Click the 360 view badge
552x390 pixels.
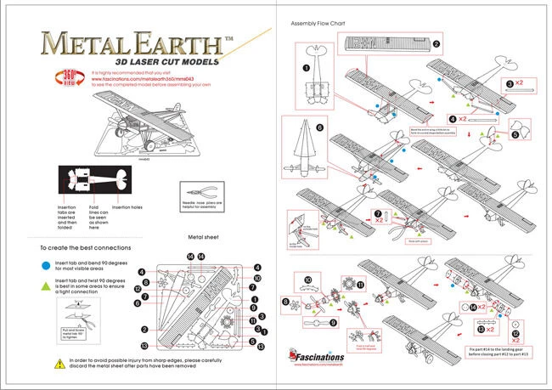(x=68, y=77)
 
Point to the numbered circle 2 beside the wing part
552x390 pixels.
(x=436, y=43)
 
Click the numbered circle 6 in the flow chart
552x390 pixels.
(x=319, y=128)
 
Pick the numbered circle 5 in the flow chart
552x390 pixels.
(x=515, y=133)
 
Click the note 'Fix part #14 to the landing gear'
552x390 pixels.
(x=498, y=350)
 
